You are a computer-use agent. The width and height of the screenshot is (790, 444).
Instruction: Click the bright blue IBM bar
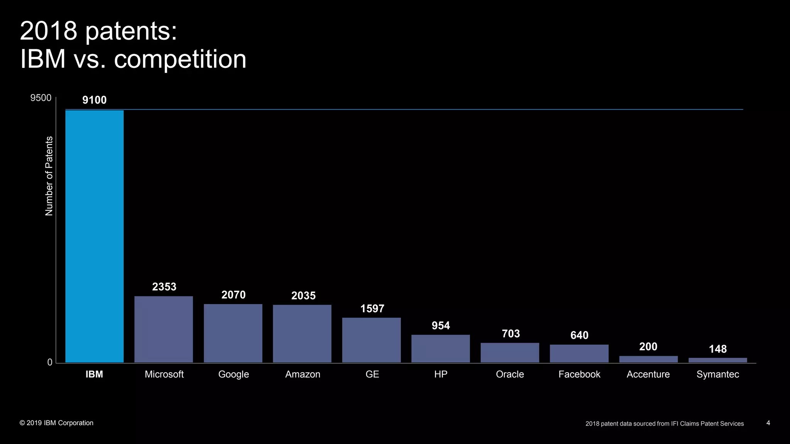point(95,236)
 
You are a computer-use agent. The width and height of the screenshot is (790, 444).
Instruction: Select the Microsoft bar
point(164,329)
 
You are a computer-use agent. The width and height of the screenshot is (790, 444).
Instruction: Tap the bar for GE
point(371,340)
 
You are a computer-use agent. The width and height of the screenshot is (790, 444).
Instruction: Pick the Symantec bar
point(717,360)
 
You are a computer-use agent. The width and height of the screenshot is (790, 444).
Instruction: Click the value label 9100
point(95,100)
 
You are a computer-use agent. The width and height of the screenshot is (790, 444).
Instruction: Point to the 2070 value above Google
point(233,295)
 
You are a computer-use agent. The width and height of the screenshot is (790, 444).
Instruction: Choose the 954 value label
point(441,326)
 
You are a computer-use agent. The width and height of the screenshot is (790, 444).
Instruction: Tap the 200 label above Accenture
point(648,346)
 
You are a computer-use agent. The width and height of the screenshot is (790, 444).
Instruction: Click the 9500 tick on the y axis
point(41,98)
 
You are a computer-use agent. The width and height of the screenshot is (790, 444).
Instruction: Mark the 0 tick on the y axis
point(50,362)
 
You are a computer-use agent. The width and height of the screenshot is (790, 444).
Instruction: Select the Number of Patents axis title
point(49,176)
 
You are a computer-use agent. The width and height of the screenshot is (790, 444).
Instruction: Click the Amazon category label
point(302,374)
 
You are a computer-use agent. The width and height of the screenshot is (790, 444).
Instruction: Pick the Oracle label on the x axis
point(510,374)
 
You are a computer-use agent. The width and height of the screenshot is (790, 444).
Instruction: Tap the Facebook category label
point(579,374)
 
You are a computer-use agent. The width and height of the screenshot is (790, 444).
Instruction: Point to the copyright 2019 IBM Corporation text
point(56,423)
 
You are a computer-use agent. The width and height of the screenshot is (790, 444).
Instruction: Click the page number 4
point(768,423)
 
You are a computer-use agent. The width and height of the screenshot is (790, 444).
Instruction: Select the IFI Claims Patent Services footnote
point(664,424)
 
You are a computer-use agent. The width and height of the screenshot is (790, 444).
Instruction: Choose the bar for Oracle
point(510,353)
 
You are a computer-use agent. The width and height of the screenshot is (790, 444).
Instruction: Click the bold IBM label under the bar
point(94,374)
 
